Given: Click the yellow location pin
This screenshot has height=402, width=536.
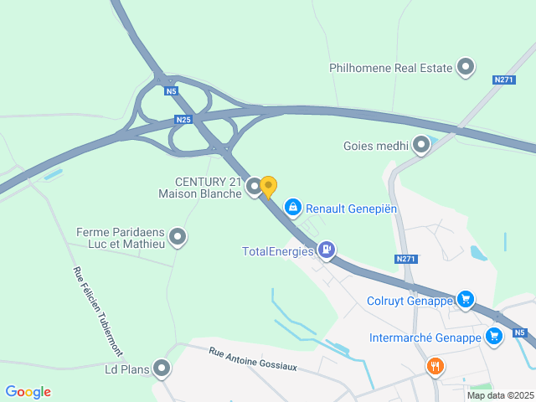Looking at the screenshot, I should pyautogui.click(x=268, y=186).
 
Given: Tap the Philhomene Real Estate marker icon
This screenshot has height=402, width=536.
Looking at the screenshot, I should pyautogui.click(x=466, y=68).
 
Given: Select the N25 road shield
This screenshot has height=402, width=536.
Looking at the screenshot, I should pyautogui.click(x=184, y=120).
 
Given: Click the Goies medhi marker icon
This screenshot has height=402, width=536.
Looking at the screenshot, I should pyautogui.click(x=421, y=146).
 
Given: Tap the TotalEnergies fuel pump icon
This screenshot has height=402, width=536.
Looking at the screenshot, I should pyautogui.click(x=326, y=250).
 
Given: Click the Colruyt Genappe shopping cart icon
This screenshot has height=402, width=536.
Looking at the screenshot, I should pyautogui.click(x=466, y=300).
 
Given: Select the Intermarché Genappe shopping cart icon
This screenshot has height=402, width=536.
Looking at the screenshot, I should pyautogui.click(x=493, y=338).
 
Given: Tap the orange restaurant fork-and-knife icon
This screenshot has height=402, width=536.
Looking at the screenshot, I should pyautogui.click(x=435, y=366).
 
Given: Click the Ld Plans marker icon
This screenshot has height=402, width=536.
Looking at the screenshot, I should pyautogui.click(x=161, y=368).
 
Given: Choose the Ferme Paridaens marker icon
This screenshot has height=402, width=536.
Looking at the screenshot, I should pyautogui.click(x=178, y=238).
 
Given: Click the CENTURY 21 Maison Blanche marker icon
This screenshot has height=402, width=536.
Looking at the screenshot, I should pyautogui.click(x=255, y=188).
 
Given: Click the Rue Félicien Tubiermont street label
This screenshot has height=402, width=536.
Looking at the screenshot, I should pyautogui.click(x=97, y=310).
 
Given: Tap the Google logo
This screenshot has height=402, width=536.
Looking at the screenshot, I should pyautogui.click(x=28, y=392).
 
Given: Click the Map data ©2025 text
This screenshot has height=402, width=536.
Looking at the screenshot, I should pyautogui.click(x=499, y=395).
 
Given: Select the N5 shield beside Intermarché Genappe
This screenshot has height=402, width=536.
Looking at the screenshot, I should pyautogui.click(x=520, y=332).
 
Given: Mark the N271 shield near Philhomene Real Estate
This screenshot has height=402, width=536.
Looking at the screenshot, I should pyautogui.click(x=503, y=80).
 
